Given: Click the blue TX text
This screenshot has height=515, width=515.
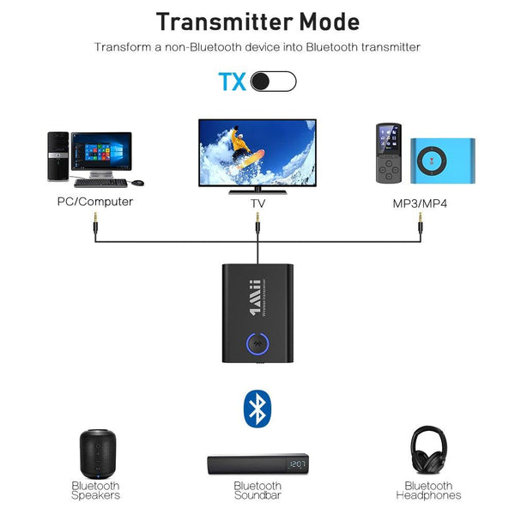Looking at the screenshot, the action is (x=233, y=82).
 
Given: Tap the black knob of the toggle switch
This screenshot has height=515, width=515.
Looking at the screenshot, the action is (x=260, y=82).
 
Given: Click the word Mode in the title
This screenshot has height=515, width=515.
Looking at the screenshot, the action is (x=330, y=22).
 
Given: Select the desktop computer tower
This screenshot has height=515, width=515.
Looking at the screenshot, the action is (x=58, y=157).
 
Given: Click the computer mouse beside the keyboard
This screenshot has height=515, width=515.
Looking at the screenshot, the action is (x=137, y=183).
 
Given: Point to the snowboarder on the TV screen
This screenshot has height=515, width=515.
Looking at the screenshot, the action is (x=245, y=148).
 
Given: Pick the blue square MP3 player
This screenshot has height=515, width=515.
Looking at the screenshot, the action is (x=443, y=161).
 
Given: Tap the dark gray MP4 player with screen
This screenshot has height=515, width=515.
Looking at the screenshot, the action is (x=389, y=153).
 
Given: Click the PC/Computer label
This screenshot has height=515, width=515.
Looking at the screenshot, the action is (x=95, y=202).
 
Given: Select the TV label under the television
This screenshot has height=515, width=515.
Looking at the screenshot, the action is (x=257, y=203).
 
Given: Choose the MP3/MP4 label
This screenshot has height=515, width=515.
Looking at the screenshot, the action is (x=420, y=203).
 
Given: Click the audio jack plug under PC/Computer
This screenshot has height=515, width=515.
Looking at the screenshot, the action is (x=95, y=223).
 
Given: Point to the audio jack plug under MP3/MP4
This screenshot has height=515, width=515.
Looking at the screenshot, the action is (x=421, y=223).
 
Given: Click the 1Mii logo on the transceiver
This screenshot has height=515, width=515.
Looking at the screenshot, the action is (x=256, y=297).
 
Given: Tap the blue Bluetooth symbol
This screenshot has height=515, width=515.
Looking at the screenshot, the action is (x=257, y=409).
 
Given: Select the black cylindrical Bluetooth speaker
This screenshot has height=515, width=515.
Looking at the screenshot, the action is (x=98, y=454).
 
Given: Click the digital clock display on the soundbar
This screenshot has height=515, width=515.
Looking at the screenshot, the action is (x=297, y=464).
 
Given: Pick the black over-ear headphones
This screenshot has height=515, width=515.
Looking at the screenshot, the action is (x=428, y=450).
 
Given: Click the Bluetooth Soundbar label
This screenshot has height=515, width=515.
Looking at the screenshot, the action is (x=257, y=490).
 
